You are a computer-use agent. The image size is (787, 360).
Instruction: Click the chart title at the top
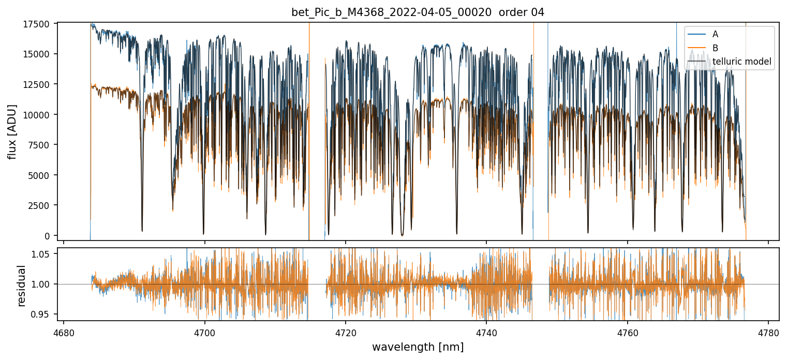418,12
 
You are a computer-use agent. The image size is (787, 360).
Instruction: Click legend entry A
715,34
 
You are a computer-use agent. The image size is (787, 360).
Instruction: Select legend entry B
715,48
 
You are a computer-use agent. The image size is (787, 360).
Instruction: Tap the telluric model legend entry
741,62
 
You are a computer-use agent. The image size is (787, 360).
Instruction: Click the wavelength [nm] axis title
418,347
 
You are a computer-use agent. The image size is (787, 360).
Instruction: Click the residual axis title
22,286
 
